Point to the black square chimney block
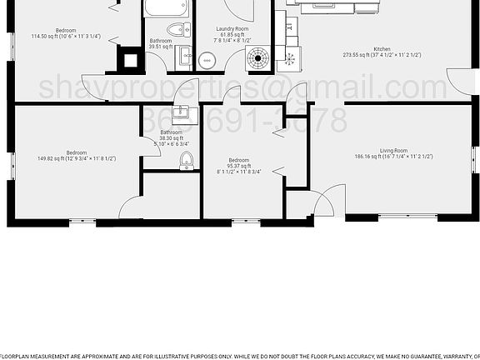(x=128, y=60)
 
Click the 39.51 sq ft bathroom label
(x=160, y=43)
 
